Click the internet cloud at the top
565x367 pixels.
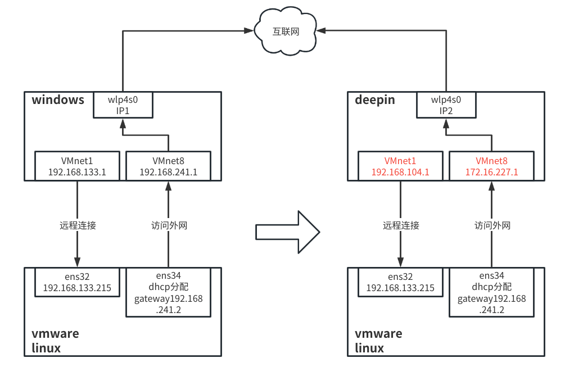pyautogui.click(x=286, y=32)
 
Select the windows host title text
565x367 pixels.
pyautogui.click(x=58, y=100)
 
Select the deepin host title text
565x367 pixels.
pyautogui.click(x=375, y=100)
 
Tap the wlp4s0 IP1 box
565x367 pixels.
pyautogui.click(x=123, y=105)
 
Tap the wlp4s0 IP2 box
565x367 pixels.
pyautogui.click(x=446, y=105)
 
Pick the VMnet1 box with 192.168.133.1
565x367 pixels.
pyautogui.click(x=78, y=166)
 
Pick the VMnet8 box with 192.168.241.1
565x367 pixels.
pyautogui.click(x=168, y=166)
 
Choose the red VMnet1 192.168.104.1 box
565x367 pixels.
pyautogui.click(x=400, y=166)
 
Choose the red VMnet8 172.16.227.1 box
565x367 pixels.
pyautogui.click(x=492, y=166)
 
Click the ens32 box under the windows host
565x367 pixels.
pyautogui.click(x=78, y=282)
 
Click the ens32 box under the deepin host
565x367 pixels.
pyautogui.click(x=400, y=282)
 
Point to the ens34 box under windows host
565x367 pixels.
pyautogui.click(x=168, y=292)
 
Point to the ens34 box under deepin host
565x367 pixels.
pyautogui.click(x=492, y=292)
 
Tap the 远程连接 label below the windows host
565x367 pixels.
pyautogui.click(x=78, y=225)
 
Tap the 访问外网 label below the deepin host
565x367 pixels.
pyautogui.click(x=492, y=225)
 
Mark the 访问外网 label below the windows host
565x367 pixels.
pyautogui.click(x=169, y=225)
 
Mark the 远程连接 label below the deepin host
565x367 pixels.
pyautogui.click(x=401, y=225)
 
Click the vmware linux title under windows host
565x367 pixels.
pyautogui.click(x=55, y=341)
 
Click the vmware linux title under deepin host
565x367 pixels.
pyautogui.click(x=378, y=341)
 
